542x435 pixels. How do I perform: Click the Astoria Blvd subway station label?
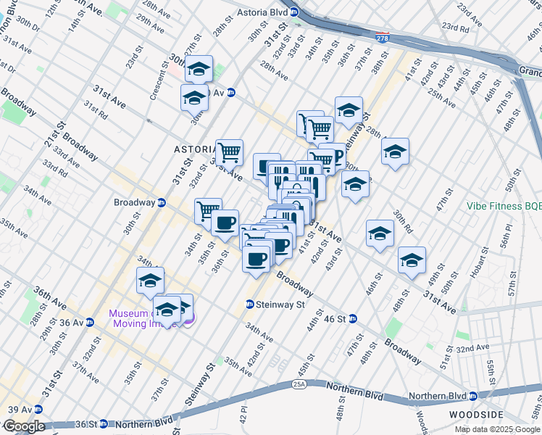click(x=265, y=12)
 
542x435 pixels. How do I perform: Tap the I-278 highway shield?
click(x=381, y=37)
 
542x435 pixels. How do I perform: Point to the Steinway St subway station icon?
click(x=250, y=304)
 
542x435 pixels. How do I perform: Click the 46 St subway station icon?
click(x=353, y=318)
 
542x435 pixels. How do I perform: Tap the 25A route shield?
click(x=300, y=383)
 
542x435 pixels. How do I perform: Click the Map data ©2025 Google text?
click(x=498, y=429)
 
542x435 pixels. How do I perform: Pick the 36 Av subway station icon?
click(x=90, y=322)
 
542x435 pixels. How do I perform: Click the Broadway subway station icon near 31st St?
click(x=162, y=202)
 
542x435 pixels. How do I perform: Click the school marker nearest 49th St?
click(x=412, y=260)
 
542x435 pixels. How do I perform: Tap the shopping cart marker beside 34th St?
click(x=208, y=210)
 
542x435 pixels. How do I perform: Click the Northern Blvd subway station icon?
click(x=472, y=396)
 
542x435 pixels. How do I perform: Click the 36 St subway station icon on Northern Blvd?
click(x=104, y=423)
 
